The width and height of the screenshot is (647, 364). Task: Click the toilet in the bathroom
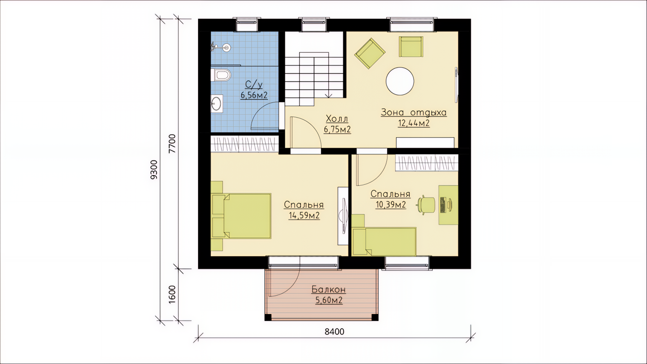pyautogui.click(x=221, y=75)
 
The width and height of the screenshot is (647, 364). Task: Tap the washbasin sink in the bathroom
pyautogui.click(x=216, y=103)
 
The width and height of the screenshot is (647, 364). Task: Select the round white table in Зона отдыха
pyautogui.click(x=400, y=82)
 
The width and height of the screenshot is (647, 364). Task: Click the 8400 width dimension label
pyautogui.click(x=335, y=332)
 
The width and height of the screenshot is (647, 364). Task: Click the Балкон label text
pyautogui.click(x=329, y=290)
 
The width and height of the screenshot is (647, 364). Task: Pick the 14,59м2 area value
pyautogui.click(x=304, y=216)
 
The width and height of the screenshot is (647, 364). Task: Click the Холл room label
pyautogui.click(x=337, y=119)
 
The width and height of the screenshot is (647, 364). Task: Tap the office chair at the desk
pyautogui.click(x=426, y=204)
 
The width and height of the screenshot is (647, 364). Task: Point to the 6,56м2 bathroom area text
pyautogui.click(x=254, y=95)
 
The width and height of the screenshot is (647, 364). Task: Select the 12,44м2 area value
pyautogui.click(x=414, y=123)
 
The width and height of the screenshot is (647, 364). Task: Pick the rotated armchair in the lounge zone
pyautogui.click(x=370, y=53)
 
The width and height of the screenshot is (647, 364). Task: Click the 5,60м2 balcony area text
pyautogui.click(x=329, y=300)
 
